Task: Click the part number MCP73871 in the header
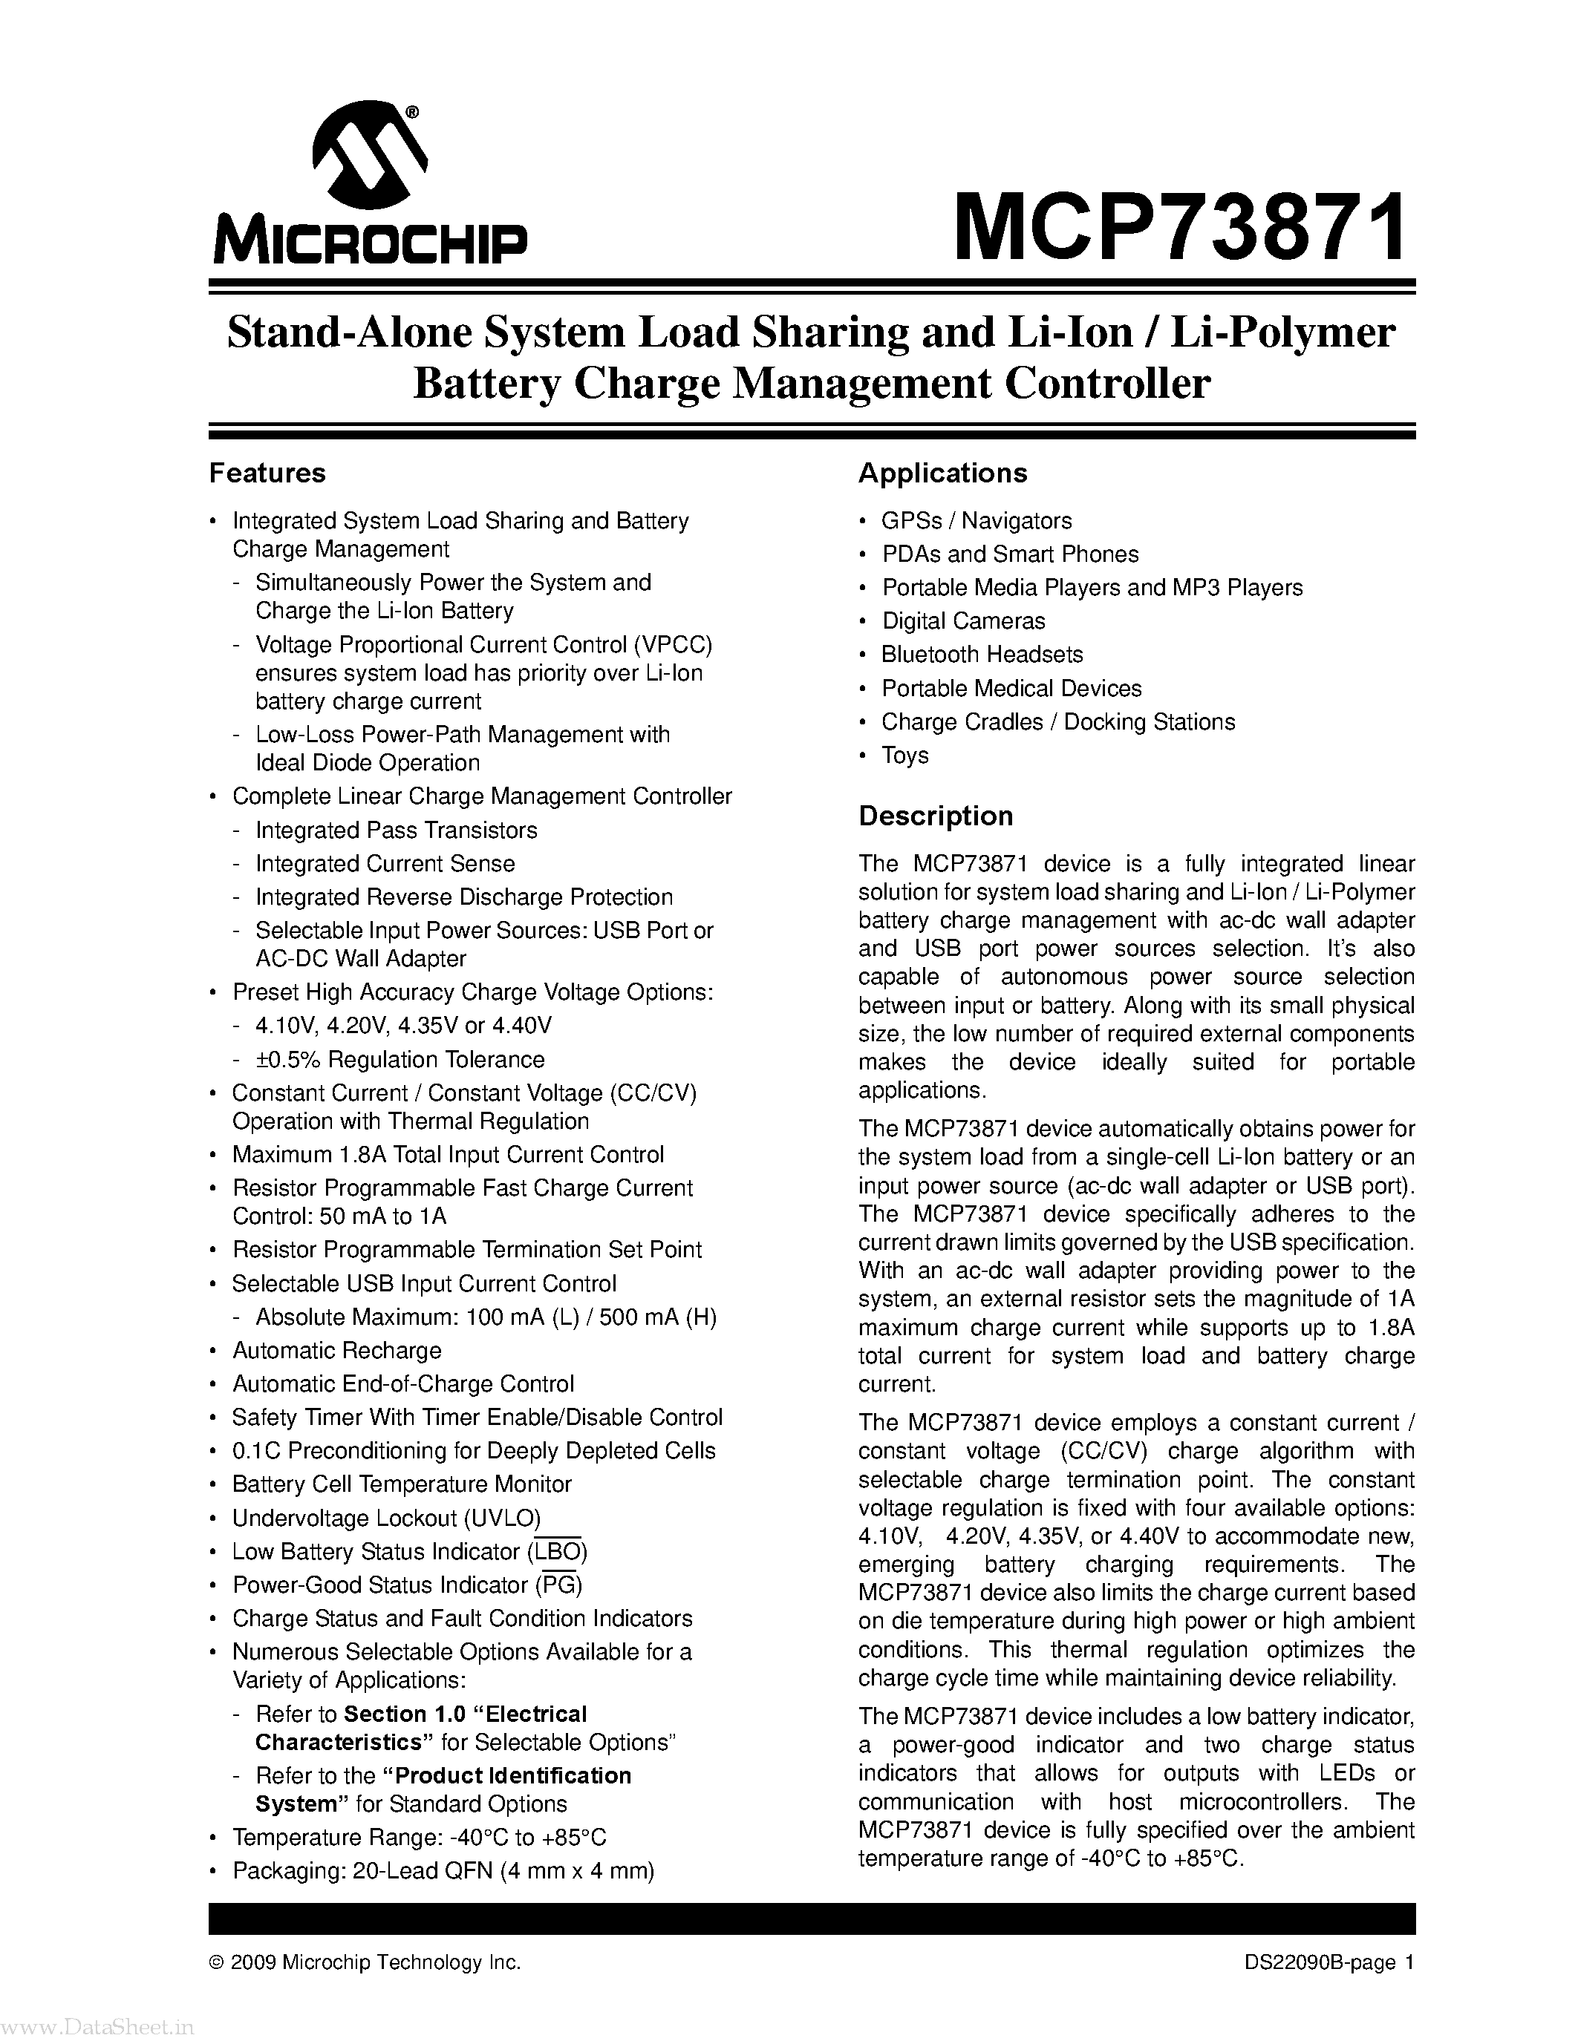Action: pyautogui.click(x=1180, y=228)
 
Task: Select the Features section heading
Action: pyautogui.click(x=267, y=474)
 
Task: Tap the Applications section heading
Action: pyautogui.click(x=942, y=474)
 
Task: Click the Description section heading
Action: pyautogui.click(x=935, y=816)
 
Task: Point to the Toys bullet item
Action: pyautogui.click(x=905, y=755)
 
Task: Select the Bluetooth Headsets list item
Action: pyautogui.click(x=982, y=654)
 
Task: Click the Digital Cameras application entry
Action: pyautogui.click(x=963, y=620)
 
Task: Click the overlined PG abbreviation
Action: pyautogui.click(x=559, y=1585)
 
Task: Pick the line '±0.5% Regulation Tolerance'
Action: pyautogui.click(x=400, y=1059)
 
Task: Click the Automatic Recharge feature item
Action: pyautogui.click(x=336, y=1350)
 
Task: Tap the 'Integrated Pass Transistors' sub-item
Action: pyautogui.click(x=397, y=830)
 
